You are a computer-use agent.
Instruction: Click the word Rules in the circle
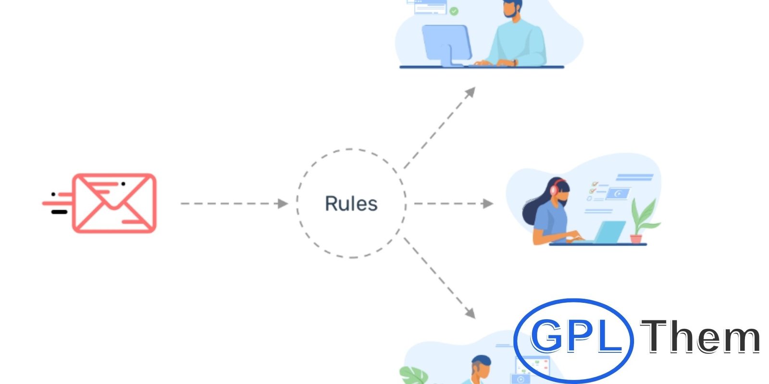tap(351, 204)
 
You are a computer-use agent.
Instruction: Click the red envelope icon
tap(114, 204)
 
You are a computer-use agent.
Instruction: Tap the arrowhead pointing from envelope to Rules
tap(283, 204)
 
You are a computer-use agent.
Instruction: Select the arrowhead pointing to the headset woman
tap(488, 204)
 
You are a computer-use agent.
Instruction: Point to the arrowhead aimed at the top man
tap(471, 92)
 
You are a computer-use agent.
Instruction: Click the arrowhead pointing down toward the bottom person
tap(471, 313)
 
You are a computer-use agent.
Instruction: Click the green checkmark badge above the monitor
tap(454, 12)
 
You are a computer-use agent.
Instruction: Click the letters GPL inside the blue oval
tap(576, 336)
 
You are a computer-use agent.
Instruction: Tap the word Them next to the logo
tap(700, 336)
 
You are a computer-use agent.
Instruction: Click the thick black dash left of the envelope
tap(59, 212)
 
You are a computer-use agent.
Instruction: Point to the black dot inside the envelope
tap(123, 184)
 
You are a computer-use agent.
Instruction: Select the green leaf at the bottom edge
tap(414, 375)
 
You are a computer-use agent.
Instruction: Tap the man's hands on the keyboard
tap(495, 63)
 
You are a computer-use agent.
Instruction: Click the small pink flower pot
tap(636, 239)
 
